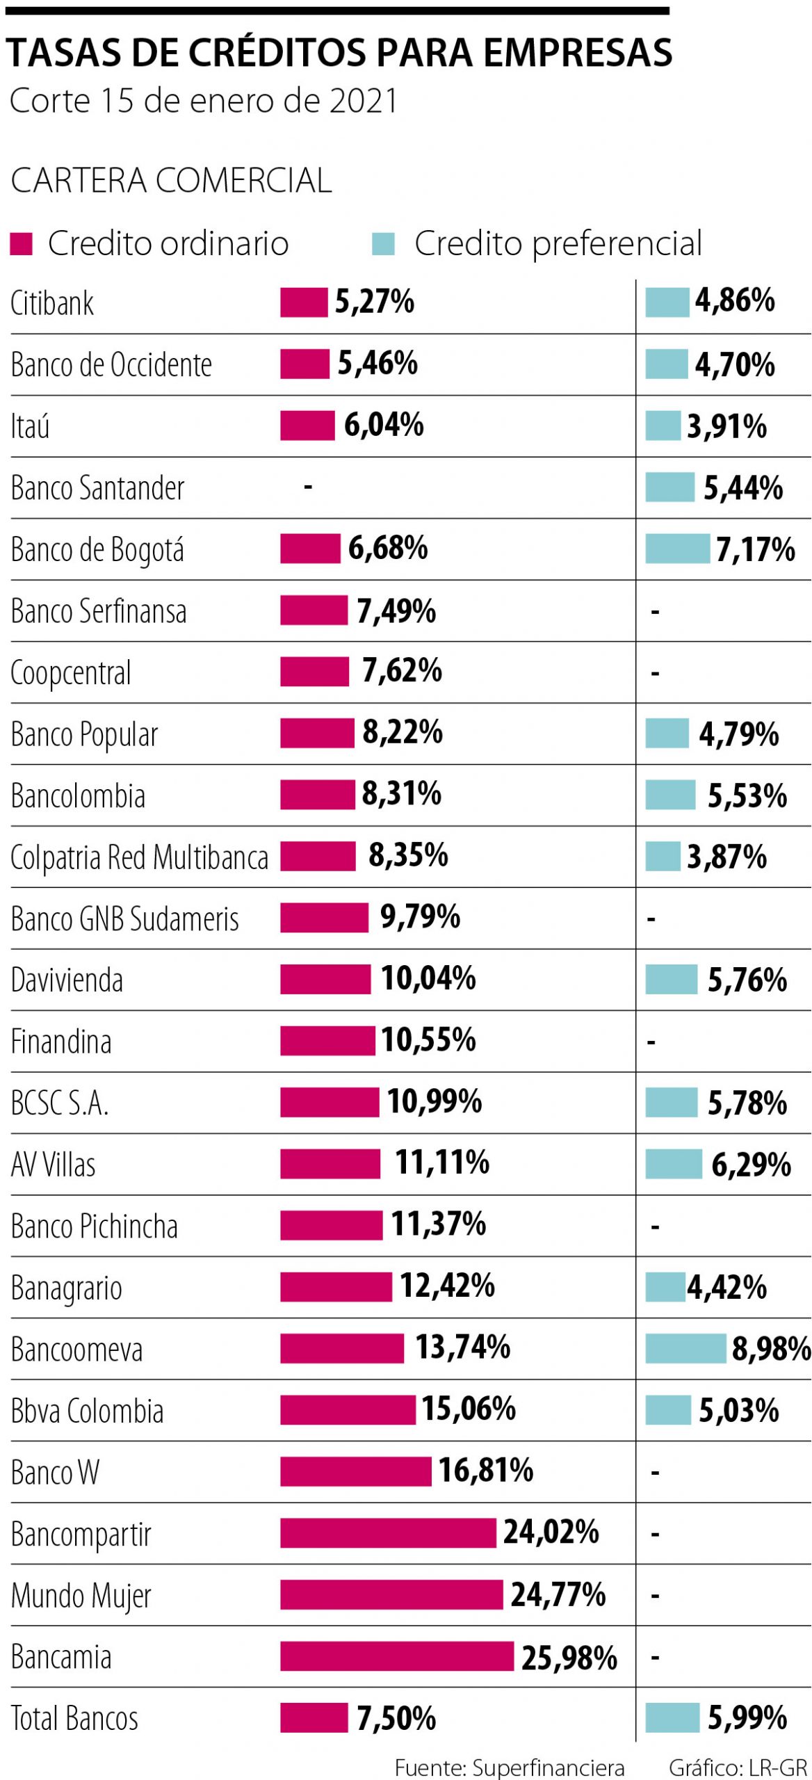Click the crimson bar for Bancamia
pos(397,1656)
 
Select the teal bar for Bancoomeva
pos(685,1348)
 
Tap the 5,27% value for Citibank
pos(375,302)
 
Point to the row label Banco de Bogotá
pos(97,549)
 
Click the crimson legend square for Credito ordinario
pos(22,244)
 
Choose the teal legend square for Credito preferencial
pos(383,244)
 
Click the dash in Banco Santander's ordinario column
pos(308,487)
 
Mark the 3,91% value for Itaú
pos(726,426)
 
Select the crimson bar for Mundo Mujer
pos(391,1594)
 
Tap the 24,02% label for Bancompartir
pos(551,1532)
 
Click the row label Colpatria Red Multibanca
pos(139,857)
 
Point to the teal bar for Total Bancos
pos(672,1717)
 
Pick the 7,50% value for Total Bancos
pos(396,1718)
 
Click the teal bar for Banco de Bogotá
pos(677,549)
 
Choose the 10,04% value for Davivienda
pos(428,979)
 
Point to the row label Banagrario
pos(67,1288)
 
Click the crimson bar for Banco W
pos(356,1471)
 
